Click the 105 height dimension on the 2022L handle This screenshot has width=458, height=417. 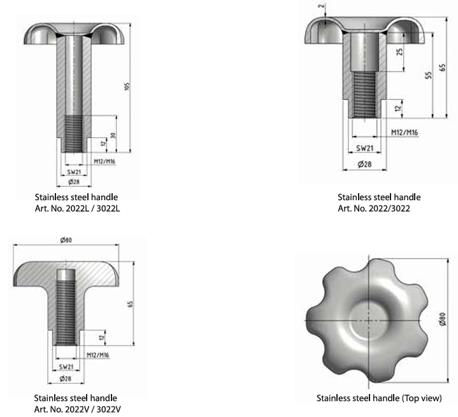tap(127, 87)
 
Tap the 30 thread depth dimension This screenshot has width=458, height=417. tap(113, 135)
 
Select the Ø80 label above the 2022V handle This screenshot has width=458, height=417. tap(66, 240)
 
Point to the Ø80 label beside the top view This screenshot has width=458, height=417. tap(443, 319)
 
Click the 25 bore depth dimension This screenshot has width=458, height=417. tap(399, 52)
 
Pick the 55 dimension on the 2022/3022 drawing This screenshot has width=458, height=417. tap(428, 75)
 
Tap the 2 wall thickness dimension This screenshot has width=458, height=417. tap(322, 6)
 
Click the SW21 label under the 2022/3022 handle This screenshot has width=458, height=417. tap(365, 149)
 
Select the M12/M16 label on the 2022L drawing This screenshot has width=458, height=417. tap(104, 161)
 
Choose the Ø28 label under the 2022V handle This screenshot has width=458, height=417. tap(66, 379)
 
